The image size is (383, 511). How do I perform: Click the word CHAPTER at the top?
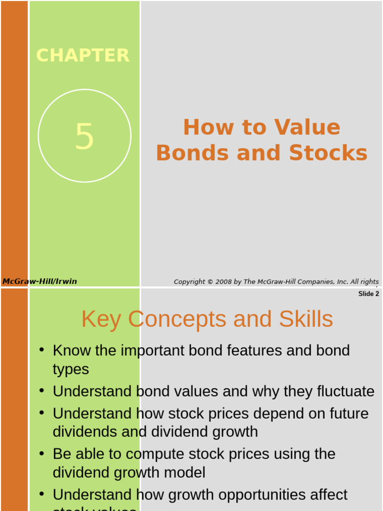(83, 55)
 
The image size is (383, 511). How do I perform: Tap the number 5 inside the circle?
(84, 137)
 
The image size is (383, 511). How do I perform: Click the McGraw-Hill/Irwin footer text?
(40, 281)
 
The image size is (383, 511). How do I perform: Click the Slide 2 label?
(369, 294)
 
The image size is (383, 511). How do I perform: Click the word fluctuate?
(346, 391)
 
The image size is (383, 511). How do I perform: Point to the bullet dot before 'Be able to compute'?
(42, 453)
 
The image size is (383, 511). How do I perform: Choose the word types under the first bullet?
(71, 369)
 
